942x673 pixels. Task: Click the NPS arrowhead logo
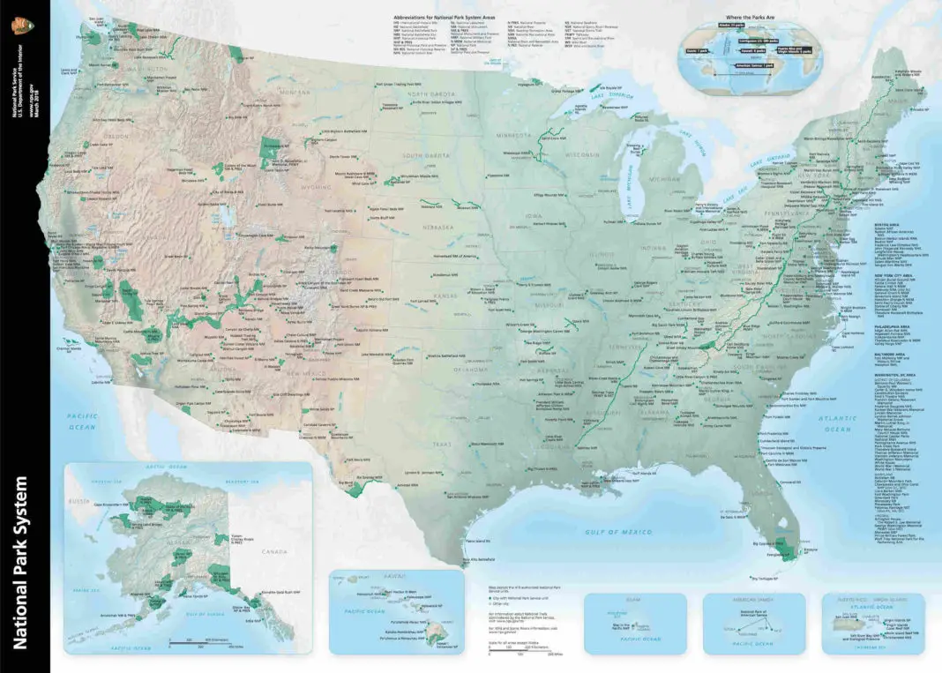[16, 26]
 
